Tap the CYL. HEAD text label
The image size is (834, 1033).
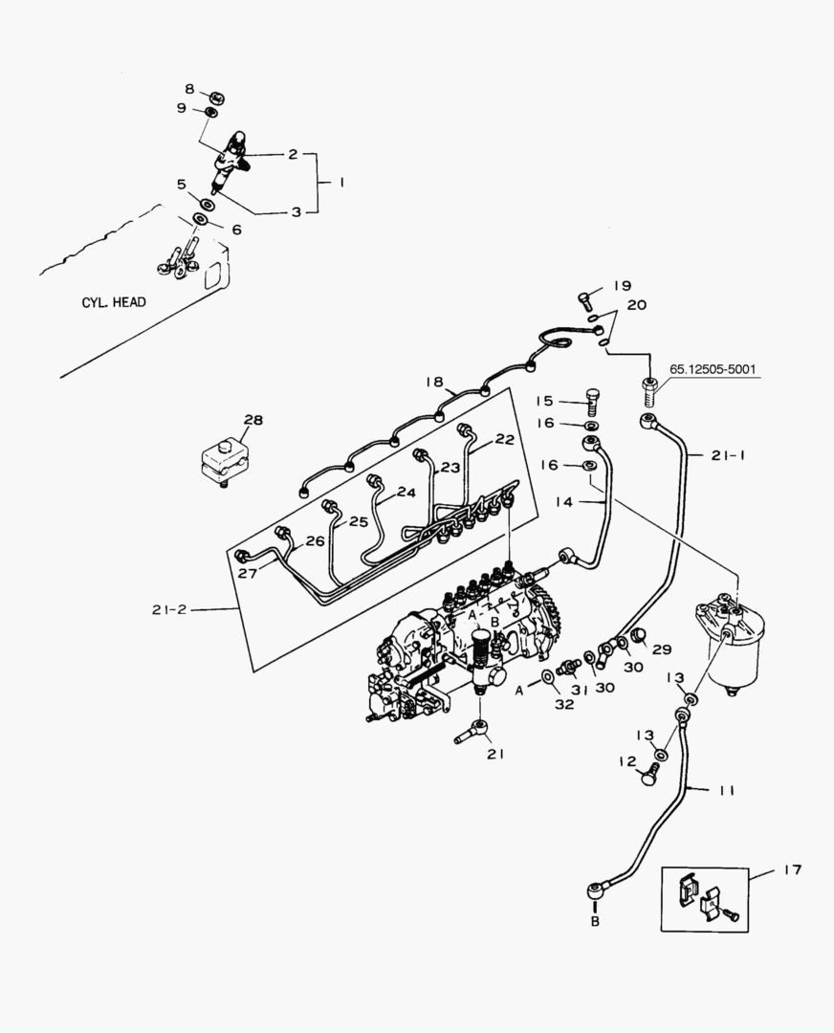(113, 302)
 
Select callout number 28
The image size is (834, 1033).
(252, 419)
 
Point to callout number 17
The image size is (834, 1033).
(793, 869)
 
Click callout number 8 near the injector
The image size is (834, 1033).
(189, 89)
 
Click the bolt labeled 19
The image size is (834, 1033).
(585, 299)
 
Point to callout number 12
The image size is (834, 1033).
(626, 762)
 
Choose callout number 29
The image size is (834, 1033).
(662, 649)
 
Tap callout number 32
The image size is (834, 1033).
(564, 703)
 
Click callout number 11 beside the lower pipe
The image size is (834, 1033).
(726, 790)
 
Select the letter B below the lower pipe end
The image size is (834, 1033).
(594, 922)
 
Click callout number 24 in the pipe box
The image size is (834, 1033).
(406, 493)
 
